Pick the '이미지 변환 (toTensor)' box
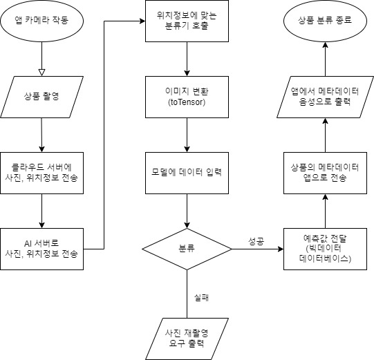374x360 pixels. tap(187, 95)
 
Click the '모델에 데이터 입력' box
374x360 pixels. tap(187, 171)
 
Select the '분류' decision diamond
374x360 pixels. tap(187, 248)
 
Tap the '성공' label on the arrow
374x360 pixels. tap(256, 241)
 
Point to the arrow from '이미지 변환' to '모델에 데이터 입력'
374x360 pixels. tap(187, 133)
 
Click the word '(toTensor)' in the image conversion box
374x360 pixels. tap(187, 102)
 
